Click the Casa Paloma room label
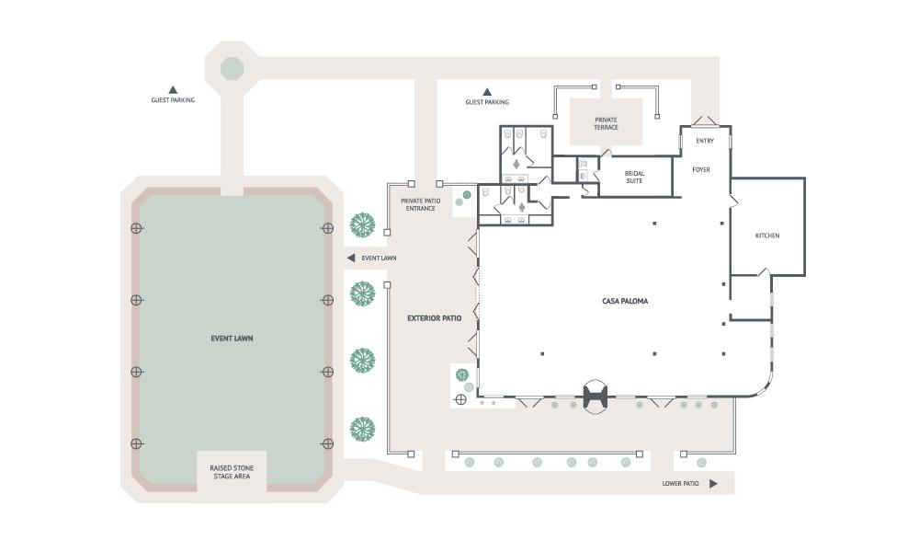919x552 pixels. [625, 301]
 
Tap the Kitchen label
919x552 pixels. [767, 236]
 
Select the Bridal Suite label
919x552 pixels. [634, 178]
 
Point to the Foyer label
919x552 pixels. [701, 169]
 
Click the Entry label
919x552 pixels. [705, 141]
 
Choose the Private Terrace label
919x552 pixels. [606, 123]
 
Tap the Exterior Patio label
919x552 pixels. [435, 318]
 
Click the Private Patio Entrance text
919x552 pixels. [420, 205]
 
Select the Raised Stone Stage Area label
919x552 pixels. [232, 472]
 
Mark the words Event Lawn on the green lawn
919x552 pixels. [233, 339]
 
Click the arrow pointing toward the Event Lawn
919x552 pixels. [351, 259]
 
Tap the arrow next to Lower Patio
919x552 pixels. [713, 484]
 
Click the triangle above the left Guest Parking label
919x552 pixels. [173, 90]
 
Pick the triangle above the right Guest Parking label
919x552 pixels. [487, 91]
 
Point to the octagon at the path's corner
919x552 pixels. [233, 69]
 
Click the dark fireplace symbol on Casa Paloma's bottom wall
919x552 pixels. [595, 397]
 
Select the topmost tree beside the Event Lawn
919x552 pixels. [363, 225]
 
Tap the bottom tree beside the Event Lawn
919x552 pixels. [363, 429]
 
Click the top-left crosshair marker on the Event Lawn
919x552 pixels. [137, 228]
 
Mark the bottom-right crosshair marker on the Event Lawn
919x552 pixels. [328, 443]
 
